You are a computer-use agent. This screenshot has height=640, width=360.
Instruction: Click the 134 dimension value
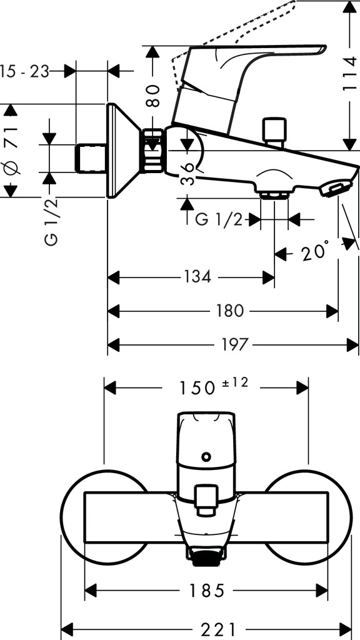tap(197, 277)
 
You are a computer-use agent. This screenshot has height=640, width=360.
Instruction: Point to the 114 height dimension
tap(350, 74)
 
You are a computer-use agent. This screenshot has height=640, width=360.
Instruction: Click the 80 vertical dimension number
tap(152, 96)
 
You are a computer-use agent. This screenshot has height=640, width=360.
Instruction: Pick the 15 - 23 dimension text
tap(24, 71)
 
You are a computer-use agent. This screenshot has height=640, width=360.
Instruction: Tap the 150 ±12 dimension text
tap(214, 386)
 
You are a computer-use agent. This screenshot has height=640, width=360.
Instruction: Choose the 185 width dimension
tap(206, 590)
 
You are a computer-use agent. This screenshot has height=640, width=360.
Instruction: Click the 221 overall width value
tap(219, 629)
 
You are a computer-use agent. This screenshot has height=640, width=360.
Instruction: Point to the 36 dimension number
tap(187, 174)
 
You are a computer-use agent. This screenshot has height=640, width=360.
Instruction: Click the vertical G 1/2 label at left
tap(52, 222)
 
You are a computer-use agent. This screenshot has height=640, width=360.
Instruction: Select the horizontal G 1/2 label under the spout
tap(219, 220)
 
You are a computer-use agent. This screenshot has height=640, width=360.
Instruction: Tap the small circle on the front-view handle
tap(206, 456)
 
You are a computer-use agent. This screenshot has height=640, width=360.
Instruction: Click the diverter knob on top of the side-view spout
tap(274, 131)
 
